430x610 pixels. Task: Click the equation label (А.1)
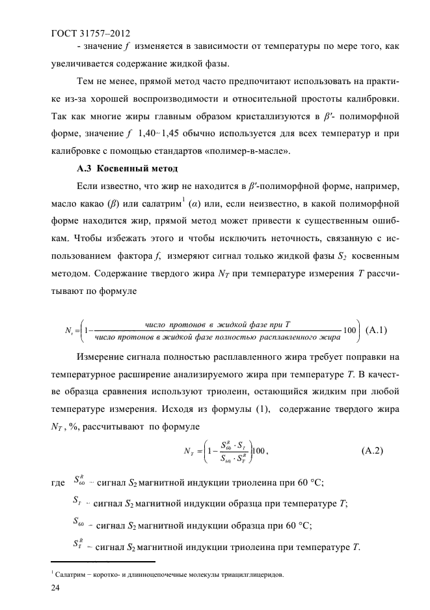tap(377, 329)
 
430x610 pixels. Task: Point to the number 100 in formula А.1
tap(349, 329)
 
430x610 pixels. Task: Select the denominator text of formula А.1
tap(218, 337)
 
